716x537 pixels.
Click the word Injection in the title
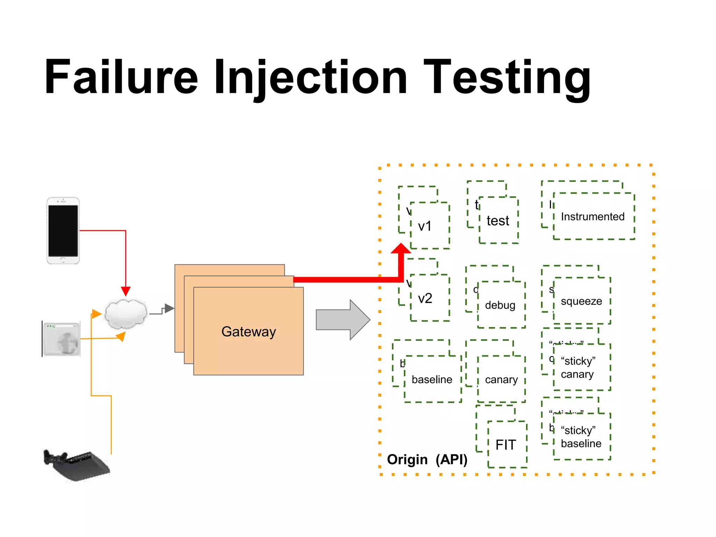(x=310, y=78)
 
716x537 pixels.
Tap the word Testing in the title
(x=507, y=78)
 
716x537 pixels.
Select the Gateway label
(x=249, y=331)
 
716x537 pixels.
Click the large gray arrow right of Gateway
(x=343, y=320)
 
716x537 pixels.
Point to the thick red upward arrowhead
(x=401, y=249)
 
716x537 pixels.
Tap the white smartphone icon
(x=63, y=230)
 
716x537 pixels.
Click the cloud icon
(x=126, y=314)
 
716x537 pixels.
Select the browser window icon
(x=62, y=338)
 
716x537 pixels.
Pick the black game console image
(x=76, y=465)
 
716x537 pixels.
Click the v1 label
(x=425, y=226)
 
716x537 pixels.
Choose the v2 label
(x=425, y=298)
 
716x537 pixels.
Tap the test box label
(x=498, y=221)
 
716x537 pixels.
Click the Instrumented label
(x=593, y=217)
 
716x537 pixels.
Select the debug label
(x=500, y=305)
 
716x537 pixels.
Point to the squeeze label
(x=581, y=301)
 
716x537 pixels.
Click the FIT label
(x=506, y=445)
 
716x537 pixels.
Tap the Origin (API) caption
(x=427, y=459)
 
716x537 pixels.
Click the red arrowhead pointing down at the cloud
(x=126, y=291)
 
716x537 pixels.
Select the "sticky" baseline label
(x=581, y=437)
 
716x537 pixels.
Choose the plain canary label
(x=501, y=380)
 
